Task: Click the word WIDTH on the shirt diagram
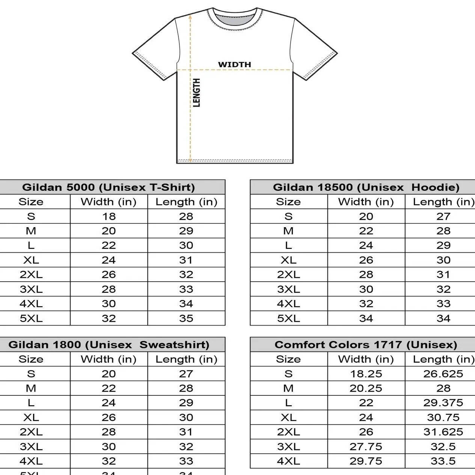pos(234,65)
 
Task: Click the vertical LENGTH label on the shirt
pos(196,93)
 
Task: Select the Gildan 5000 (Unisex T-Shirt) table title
pos(109,187)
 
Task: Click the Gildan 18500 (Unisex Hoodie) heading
pos(366,187)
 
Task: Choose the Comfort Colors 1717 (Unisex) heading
pos(366,344)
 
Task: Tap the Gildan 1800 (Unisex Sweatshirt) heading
pos(109,344)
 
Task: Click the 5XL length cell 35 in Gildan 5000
pos(186,318)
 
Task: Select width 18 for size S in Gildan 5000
pos(109,216)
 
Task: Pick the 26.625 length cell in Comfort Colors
pos(443,374)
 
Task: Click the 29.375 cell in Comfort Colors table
pos(443,403)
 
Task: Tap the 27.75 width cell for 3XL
pos(366,446)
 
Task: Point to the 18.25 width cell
pos(366,374)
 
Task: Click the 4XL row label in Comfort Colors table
pos(288,461)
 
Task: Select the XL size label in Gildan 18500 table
pos(288,260)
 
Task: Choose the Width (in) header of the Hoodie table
pos(366,202)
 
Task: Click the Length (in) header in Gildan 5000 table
pos(186,202)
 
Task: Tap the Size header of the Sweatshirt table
pos(31,359)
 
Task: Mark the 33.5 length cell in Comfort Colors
pos(443,461)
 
